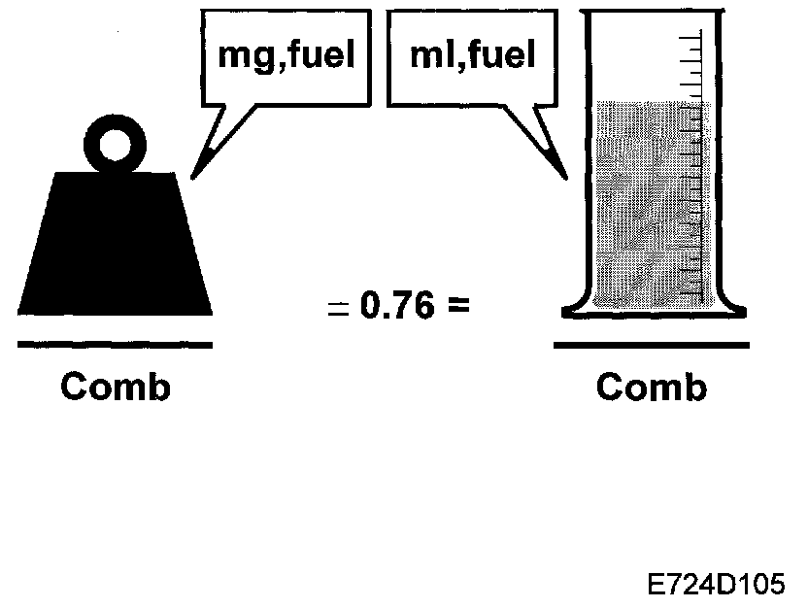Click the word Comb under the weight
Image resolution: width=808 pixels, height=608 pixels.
tap(115, 388)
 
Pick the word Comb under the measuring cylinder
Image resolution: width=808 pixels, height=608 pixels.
tap(651, 388)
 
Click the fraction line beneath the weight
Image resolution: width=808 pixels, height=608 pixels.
tap(115, 344)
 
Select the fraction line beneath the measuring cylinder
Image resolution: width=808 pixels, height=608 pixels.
tap(651, 344)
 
